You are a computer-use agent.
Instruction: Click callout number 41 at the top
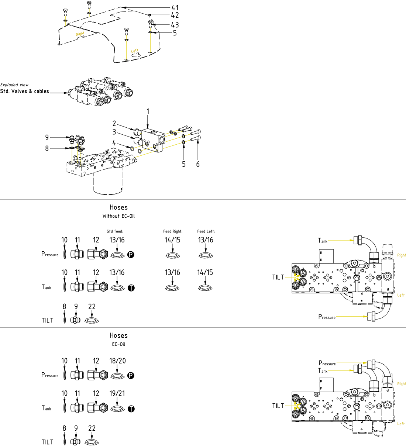175,8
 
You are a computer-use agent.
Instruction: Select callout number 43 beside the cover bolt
175,25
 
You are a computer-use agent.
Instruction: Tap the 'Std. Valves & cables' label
25,91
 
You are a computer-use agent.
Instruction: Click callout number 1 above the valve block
148,111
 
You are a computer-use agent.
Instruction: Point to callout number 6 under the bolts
198,164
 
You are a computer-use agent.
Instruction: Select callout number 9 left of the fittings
47,137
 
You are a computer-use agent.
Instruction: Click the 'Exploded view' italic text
14,85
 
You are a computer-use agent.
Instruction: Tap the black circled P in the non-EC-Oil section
131,255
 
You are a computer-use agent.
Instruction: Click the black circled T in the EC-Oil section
131,409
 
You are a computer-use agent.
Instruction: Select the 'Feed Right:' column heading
173,231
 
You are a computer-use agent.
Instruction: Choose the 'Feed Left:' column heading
206,231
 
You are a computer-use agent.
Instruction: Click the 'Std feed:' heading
115,231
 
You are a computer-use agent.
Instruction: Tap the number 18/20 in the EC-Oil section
117,361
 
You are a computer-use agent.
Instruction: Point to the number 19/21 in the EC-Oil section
117,393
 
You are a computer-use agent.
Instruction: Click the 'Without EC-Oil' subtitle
118,216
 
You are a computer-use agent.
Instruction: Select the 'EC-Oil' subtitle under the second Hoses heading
118,344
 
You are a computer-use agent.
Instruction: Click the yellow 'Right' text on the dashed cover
80,34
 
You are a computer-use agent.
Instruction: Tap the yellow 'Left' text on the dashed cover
135,51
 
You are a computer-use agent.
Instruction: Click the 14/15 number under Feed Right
172,240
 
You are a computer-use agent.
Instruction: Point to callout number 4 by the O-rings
114,143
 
